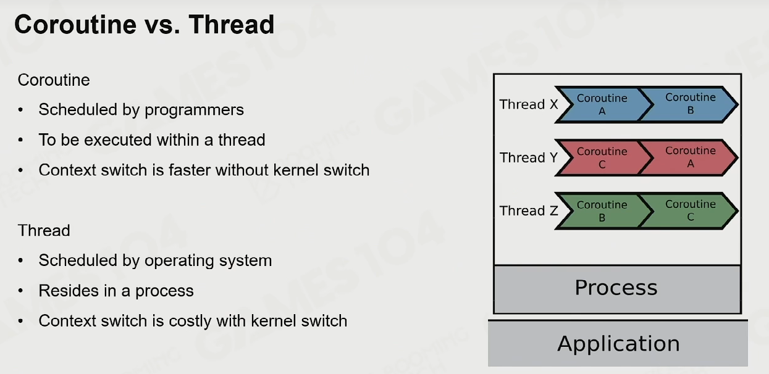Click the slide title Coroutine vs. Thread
(x=144, y=25)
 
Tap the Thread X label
(x=529, y=104)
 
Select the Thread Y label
(x=529, y=158)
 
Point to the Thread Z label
(x=529, y=210)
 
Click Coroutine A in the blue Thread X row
(x=602, y=105)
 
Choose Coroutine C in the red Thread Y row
(x=602, y=158)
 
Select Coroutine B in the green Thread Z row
(x=602, y=211)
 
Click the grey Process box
(x=617, y=289)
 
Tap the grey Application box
(x=618, y=344)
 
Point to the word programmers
(x=194, y=110)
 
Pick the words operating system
(x=208, y=261)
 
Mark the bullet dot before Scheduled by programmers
(x=20, y=110)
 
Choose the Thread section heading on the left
(x=44, y=230)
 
